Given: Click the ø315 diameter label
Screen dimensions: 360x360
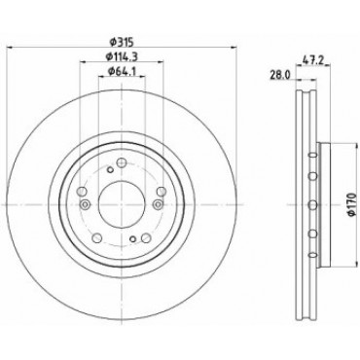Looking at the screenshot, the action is (x=122, y=42).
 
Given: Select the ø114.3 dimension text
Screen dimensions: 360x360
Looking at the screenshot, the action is (x=122, y=56).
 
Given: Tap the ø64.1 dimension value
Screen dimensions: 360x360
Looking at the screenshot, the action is (x=121, y=71).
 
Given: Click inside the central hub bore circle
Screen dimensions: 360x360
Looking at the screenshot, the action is (x=122, y=204).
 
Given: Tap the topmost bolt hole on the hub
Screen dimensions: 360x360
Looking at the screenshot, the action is (x=122, y=162).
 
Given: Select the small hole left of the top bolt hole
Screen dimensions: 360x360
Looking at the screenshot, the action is (x=110, y=169).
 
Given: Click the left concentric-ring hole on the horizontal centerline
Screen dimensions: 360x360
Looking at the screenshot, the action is (x=85, y=204).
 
